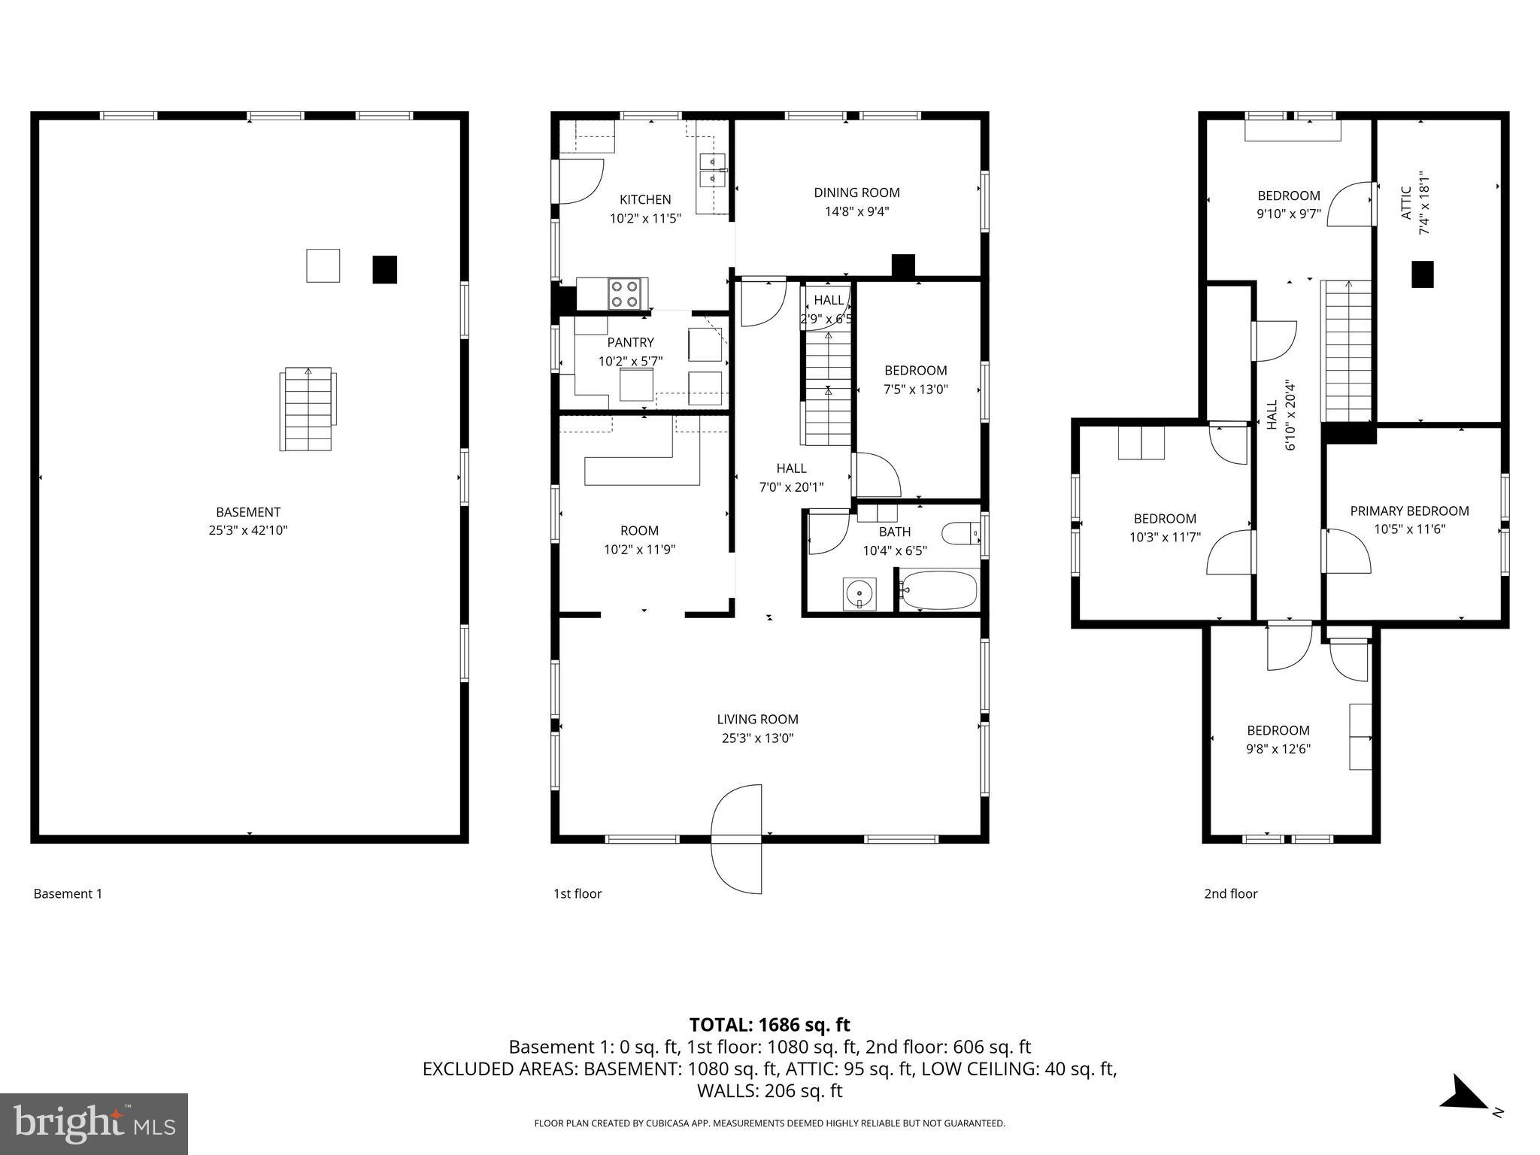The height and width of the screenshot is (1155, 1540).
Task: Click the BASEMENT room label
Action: coord(247,512)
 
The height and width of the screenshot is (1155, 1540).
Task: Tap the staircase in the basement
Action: coord(307,409)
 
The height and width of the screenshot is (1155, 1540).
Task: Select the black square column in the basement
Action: coord(384,269)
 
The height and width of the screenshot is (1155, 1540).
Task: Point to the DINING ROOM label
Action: coord(856,192)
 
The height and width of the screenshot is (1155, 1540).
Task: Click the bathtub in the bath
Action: coord(939,590)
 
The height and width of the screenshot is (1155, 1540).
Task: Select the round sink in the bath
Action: coord(859,594)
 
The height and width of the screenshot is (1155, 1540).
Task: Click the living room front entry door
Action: coord(738,838)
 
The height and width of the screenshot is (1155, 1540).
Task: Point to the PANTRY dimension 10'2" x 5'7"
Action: coord(630,361)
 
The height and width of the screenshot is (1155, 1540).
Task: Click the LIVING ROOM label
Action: coord(757,720)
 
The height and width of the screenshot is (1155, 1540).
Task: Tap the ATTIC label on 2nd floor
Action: coord(1405,203)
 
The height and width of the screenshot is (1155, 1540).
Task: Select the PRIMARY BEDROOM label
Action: coord(1409,511)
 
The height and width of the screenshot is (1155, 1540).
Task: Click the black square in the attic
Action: coord(1422,274)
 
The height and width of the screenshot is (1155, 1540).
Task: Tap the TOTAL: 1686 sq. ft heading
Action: coord(769,1025)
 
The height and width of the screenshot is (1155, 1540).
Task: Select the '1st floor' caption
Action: coord(577,893)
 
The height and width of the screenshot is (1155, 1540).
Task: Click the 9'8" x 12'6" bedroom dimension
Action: coord(1278,749)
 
